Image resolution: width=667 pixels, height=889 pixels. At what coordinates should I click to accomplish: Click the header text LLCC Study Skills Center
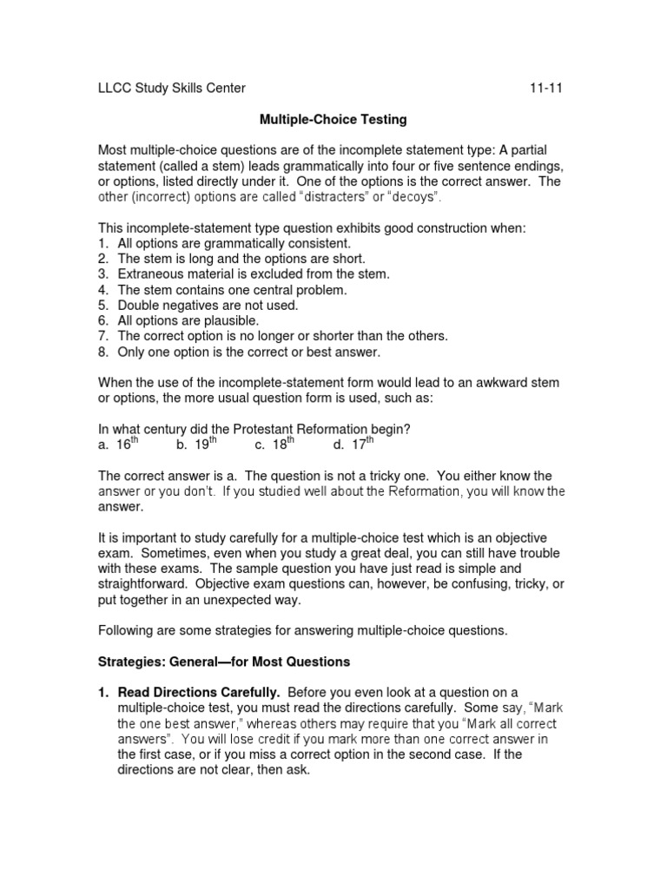(171, 88)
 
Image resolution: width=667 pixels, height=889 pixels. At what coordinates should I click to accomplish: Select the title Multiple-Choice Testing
(333, 118)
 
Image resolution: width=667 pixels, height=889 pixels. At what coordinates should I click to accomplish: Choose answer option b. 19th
(195, 445)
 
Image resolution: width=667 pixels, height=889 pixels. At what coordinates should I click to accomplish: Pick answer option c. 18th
(274, 445)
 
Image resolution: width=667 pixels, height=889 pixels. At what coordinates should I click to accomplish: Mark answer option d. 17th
(353, 445)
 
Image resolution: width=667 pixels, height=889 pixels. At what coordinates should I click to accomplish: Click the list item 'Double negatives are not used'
(208, 306)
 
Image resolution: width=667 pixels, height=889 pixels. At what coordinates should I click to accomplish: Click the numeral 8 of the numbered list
(102, 352)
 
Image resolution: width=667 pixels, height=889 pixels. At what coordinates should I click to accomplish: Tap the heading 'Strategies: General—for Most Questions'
(223, 662)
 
